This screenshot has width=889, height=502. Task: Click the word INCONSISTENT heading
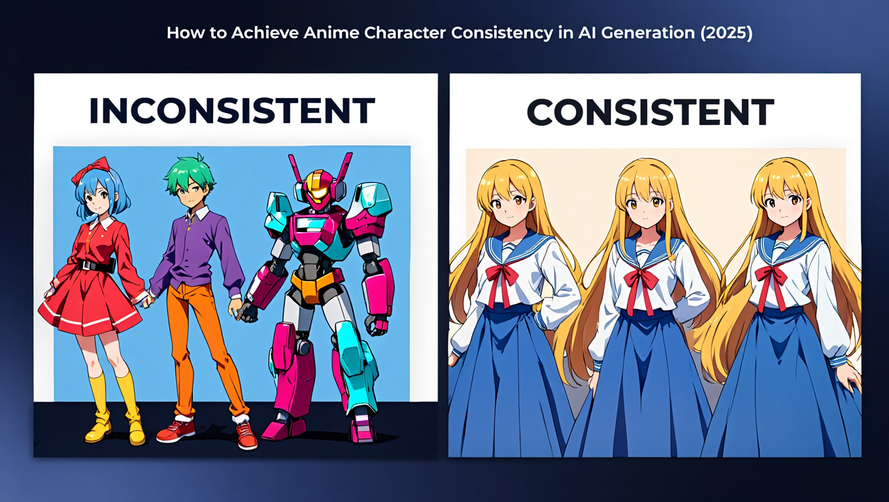(x=231, y=111)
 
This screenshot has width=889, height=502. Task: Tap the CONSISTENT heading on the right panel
(x=650, y=112)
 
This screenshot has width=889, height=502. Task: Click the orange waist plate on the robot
(x=313, y=283)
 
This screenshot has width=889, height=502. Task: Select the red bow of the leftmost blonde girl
(x=502, y=275)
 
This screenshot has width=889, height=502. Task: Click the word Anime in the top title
(x=333, y=33)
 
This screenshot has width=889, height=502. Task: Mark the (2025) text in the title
(x=726, y=33)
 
